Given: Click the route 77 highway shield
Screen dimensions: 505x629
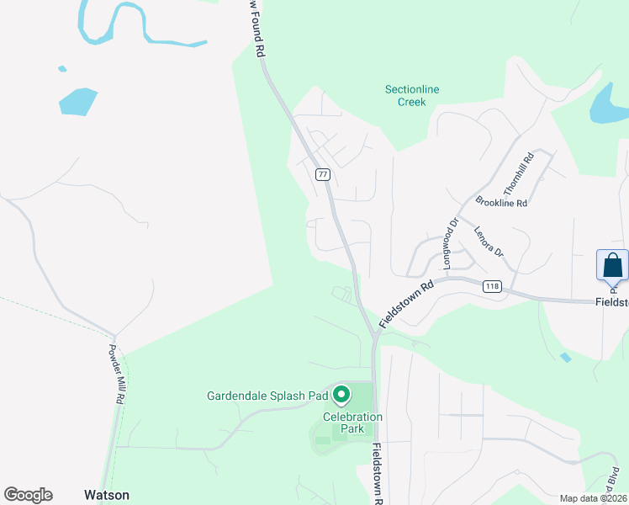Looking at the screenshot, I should point(323,174).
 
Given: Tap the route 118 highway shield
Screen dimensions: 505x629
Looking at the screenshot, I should point(493,287).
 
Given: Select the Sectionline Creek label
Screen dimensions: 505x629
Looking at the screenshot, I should point(412,96).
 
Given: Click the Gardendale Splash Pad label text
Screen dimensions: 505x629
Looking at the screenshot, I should point(267,395).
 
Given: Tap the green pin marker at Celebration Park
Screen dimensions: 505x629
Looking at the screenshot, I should point(341,394).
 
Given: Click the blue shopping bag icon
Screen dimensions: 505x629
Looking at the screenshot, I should point(612,266).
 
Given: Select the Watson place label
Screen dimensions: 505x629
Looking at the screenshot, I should point(107,495).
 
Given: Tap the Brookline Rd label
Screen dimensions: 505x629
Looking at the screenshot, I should point(500,202).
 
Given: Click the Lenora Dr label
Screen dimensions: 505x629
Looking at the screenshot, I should point(488,241).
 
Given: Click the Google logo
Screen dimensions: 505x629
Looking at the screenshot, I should point(28,495).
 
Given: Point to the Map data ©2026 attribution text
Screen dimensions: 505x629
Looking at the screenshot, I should point(593,498).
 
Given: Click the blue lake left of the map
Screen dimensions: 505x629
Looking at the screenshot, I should point(77,100).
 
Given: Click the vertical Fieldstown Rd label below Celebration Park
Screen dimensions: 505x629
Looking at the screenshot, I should point(378,473).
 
